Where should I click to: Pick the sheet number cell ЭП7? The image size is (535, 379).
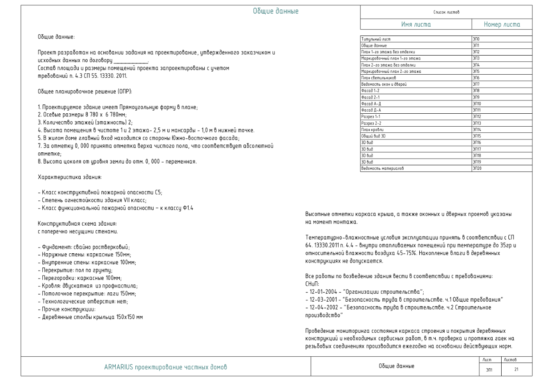tap(476, 84)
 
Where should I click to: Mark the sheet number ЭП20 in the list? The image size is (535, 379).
tap(477, 168)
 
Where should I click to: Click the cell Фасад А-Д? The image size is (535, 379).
tap(370, 104)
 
